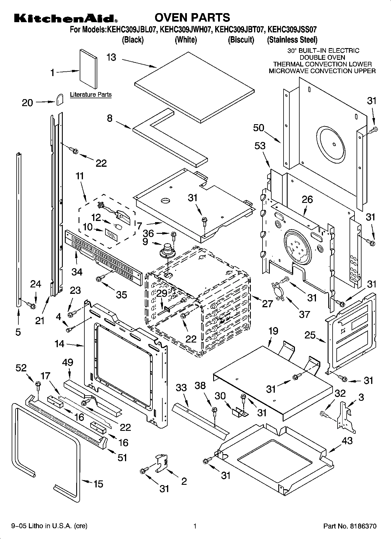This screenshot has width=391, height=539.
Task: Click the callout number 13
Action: (111, 57)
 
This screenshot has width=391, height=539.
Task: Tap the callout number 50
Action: (259, 128)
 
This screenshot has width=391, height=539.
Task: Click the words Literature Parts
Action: (91, 95)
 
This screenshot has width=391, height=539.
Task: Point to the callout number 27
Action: (267, 303)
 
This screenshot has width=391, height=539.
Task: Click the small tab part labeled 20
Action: (60, 99)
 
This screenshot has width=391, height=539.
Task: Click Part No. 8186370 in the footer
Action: (350, 526)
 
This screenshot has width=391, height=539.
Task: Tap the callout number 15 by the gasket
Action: (98, 484)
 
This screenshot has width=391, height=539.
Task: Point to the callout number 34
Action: (77, 272)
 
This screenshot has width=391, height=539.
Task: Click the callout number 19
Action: (273, 331)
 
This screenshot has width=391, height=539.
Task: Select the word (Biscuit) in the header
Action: (241, 40)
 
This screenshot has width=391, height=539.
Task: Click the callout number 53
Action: (260, 145)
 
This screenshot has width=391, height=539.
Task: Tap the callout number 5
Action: (18, 332)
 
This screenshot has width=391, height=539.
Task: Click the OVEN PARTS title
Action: (192, 17)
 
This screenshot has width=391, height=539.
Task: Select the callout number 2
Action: (184, 481)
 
